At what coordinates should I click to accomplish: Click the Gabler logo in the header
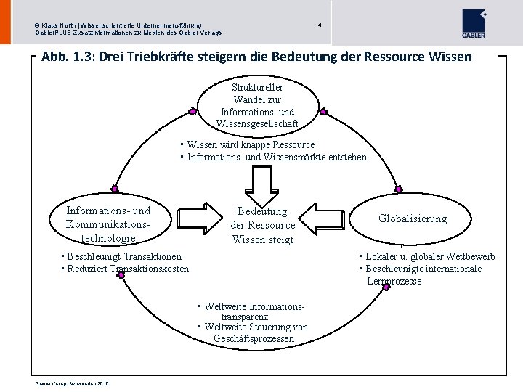tap(474, 24)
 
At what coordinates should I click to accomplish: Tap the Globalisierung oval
tap(413, 219)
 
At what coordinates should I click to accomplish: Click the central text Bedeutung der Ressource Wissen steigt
tap(262, 225)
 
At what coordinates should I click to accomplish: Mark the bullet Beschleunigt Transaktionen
tap(124, 256)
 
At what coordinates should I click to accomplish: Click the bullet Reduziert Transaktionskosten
tap(128, 269)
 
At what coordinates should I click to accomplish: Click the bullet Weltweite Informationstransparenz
tap(251, 311)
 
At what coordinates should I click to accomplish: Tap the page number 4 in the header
tap(320, 25)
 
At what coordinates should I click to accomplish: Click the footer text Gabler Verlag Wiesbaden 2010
tap(71, 383)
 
